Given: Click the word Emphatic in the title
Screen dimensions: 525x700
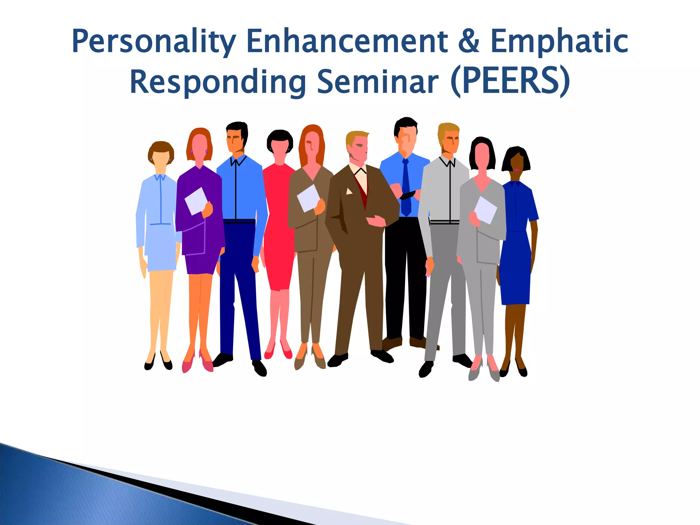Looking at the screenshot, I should pos(559,42).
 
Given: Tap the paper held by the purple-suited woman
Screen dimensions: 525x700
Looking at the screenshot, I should pos(196,201).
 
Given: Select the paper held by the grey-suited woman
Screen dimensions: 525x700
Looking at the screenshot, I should pos(485,210).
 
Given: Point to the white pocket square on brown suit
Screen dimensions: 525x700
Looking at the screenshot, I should pos(349,191).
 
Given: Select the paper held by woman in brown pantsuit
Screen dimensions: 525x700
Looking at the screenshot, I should pos(308,198).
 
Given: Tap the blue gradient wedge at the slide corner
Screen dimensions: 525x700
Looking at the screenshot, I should pos(68,492).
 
